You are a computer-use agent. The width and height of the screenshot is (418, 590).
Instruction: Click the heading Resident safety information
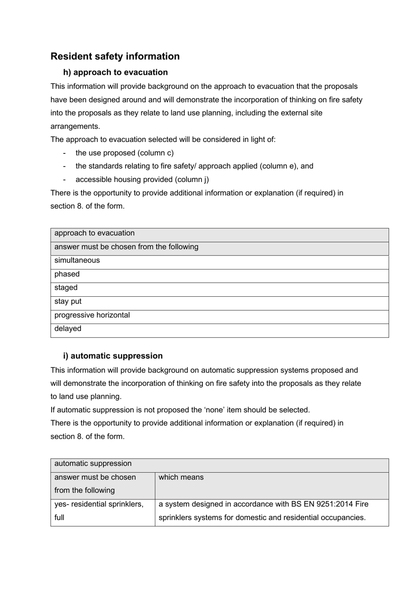[x=115, y=56]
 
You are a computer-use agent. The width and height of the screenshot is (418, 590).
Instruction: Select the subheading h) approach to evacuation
[x=115, y=73]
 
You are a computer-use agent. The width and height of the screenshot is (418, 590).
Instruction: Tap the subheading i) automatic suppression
[x=113, y=356]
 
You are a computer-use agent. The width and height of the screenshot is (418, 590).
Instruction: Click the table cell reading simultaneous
[x=77, y=261]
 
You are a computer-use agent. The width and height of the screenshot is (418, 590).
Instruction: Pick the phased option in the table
[x=67, y=274]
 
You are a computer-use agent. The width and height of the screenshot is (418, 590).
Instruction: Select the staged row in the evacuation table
[x=66, y=288]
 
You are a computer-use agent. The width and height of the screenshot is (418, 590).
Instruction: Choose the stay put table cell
[x=68, y=302]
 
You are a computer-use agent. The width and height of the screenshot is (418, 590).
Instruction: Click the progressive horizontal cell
[x=92, y=315]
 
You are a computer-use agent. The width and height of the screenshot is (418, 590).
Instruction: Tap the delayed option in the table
[x=68, y=329]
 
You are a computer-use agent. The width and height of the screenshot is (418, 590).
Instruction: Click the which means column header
[x=181, y=477]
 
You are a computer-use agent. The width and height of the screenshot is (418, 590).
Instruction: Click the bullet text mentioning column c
[x=125, y=153]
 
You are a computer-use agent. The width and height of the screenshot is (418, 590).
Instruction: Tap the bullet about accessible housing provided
[x=142, y=180]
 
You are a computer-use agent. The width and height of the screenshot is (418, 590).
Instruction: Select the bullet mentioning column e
[x=194, y=166]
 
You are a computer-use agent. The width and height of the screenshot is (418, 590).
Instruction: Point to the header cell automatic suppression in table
[x=93, y=464]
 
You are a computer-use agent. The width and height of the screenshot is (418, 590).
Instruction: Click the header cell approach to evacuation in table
[x=94, y=233]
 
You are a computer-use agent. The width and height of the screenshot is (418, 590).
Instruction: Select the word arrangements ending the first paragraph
[x=75, y=127]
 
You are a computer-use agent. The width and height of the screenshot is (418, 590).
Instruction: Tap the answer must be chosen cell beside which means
[x=95, y=484]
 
